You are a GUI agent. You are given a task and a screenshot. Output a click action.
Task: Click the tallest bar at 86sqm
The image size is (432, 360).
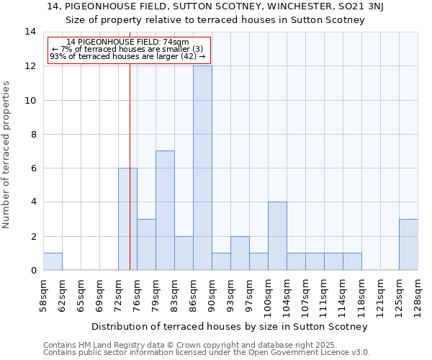tap(202, 168)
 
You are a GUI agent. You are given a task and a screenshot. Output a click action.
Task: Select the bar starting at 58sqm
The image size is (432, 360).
tap(53, 261)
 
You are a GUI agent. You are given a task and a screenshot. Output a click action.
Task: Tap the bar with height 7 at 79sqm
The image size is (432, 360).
tap(165, 210)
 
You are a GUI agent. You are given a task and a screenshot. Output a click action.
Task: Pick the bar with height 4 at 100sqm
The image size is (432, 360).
tap(277, 235)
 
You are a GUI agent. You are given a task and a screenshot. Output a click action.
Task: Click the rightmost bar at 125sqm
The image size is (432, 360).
tap(408, 244)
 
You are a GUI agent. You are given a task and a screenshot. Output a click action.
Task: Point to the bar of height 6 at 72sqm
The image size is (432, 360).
tap(127, 219)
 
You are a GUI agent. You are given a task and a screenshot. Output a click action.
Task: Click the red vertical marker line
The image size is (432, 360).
tap(130, 180)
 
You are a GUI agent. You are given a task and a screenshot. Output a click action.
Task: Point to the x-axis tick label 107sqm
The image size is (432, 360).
tap(306, 298)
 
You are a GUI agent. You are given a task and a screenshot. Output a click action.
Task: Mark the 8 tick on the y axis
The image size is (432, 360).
tap(33, 134)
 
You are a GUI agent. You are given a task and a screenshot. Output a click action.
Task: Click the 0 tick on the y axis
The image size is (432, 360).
tap(33, 270)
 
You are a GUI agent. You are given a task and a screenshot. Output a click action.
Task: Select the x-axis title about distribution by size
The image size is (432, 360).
tap(230, 326)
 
